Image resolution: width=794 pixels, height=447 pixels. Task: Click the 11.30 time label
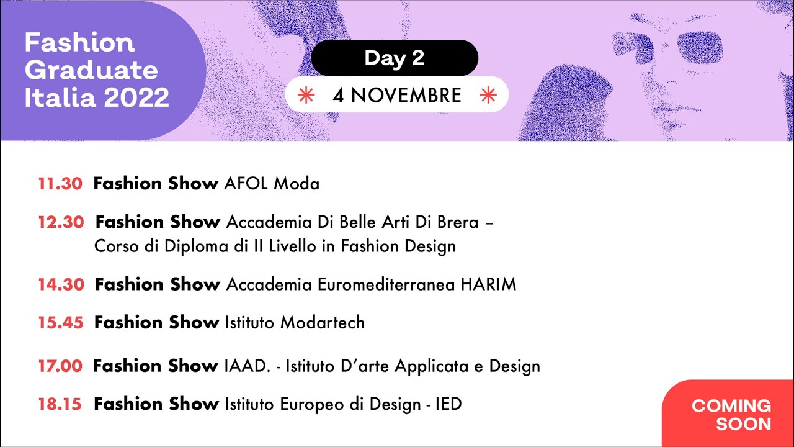(60, 184)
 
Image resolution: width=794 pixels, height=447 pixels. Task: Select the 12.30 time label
(61, 222)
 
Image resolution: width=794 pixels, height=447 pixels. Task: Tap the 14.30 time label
(61, 284)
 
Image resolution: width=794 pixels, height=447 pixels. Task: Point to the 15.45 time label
(61, 323)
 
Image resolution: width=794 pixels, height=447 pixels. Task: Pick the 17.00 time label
(60, 366)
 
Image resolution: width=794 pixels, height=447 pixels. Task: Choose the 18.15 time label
(60, 404)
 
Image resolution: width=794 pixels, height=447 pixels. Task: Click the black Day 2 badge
(395, 58)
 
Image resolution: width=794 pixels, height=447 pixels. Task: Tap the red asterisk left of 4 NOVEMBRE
(305, 95)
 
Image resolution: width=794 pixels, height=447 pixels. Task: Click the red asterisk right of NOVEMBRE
(488, 95)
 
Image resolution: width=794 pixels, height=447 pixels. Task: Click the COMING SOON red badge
(731, 415)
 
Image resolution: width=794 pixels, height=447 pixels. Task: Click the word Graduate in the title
(91, 70)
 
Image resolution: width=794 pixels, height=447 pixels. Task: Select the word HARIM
(488, 284)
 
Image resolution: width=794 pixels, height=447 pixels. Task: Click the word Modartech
(323, 323)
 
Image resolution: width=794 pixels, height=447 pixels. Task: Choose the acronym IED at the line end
(448, 404)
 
